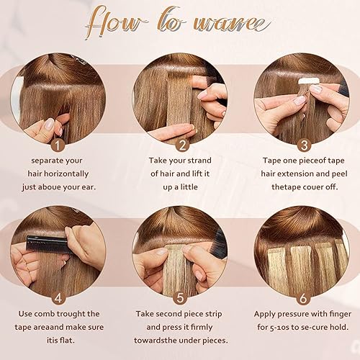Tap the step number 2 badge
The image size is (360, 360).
(180, 144)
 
